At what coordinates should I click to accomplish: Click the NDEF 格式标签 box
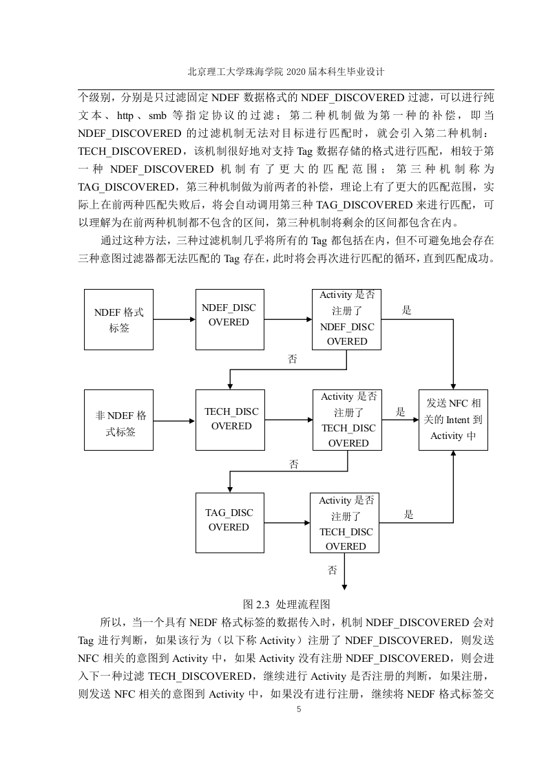(118, 319)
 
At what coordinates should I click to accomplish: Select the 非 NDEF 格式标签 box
(118, 420)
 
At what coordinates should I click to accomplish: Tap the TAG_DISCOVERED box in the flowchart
(230, 523)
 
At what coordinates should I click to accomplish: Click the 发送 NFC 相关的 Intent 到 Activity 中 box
(453, 420)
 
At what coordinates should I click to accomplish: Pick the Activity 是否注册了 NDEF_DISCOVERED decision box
(346, 319)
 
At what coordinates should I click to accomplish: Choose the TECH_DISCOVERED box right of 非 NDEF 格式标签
(230, 420)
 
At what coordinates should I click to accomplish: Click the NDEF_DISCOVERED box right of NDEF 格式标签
(230, 319)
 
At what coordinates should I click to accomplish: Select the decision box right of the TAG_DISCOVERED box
(344, 523)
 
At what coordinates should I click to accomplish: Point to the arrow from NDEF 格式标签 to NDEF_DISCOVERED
(174, 319)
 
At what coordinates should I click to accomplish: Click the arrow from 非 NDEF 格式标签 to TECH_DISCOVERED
(174, 421)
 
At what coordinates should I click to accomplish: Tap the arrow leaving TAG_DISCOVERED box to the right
(287, 523)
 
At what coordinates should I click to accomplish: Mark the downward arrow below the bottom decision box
(344, 571)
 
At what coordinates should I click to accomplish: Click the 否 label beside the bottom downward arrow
(333, 570)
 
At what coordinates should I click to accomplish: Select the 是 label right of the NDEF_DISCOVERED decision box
(406, 310)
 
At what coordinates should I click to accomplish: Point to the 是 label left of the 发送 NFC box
(401, 411)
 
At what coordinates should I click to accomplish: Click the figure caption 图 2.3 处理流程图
(286, 605)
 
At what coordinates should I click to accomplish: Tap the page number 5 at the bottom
(299, 709)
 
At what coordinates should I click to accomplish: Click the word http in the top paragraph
(125, 116)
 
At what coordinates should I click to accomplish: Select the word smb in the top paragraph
(158, 116)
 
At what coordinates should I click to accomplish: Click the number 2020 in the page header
(295, 72)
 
